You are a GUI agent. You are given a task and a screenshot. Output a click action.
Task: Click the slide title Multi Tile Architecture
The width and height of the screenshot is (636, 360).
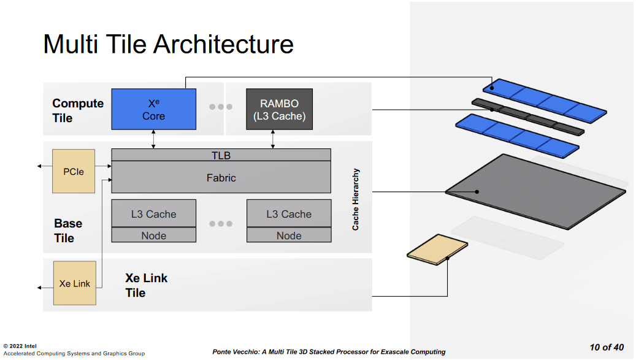168,45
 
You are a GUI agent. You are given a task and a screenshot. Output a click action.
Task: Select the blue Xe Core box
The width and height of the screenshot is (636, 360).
153,109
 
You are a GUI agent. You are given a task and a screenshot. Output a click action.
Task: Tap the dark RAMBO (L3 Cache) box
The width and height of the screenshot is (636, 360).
279,109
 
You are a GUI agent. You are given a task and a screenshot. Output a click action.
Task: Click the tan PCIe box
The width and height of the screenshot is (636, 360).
74,171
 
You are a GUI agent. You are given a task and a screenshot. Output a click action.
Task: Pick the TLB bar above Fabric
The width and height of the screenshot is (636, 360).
221,155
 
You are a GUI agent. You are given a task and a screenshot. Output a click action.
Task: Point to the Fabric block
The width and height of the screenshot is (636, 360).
221,178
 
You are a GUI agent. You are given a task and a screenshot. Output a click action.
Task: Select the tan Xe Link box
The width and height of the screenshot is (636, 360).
74,283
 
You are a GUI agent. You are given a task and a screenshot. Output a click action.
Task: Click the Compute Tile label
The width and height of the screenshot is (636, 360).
77,110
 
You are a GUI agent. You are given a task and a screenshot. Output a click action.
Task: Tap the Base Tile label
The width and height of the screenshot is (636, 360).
67,231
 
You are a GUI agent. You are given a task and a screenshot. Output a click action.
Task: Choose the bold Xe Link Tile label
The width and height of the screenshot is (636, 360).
146,285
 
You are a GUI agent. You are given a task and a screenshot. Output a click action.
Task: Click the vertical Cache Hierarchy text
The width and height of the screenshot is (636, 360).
356,199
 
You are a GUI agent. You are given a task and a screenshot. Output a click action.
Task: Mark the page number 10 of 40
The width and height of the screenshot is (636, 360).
606,347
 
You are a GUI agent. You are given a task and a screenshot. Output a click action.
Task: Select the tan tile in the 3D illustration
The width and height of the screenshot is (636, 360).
437,253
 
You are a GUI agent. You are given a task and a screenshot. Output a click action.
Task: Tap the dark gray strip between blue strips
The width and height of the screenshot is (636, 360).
527,117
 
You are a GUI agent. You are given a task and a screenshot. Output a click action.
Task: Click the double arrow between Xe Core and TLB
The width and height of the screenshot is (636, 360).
153,139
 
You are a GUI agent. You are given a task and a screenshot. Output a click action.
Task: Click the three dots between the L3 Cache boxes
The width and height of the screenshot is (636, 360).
221,224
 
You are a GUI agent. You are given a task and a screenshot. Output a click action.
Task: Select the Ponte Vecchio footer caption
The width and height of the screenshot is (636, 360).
329,351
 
